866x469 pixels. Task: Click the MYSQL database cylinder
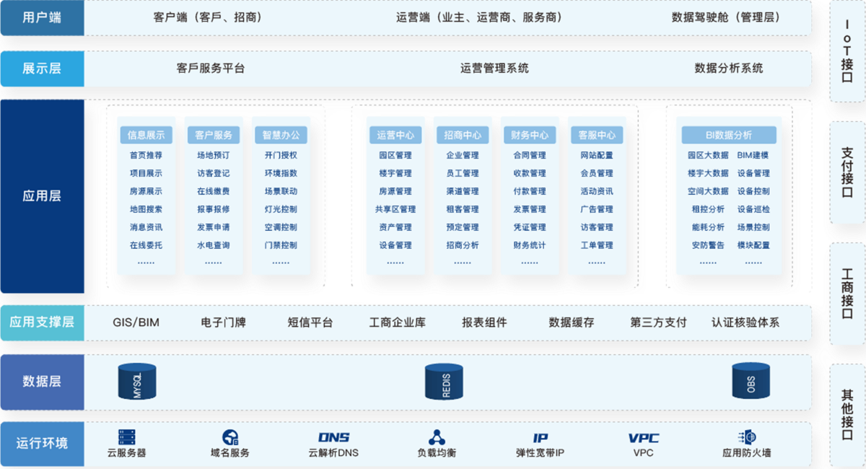click(x=137, y=382)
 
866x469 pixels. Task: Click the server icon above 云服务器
click(x=127, y=437)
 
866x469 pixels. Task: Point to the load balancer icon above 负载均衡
click(x=437, y=437)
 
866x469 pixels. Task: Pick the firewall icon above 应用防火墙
click(x=747, y=437)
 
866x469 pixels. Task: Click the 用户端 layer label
click(x=42, y=17)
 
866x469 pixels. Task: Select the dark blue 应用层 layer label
click(x=42, y=196)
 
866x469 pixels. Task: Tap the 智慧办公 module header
click(x=281, y=135)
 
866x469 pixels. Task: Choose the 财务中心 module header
click(x=530, y=135)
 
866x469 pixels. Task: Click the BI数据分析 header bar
click(x=729, y=135)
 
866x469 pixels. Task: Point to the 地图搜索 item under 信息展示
click(x=146, y=209)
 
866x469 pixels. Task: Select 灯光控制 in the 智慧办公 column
click(x=281, y=209)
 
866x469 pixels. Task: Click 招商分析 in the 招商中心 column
click(x=463, y=245)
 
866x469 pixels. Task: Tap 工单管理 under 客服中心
click(x=597, y=245)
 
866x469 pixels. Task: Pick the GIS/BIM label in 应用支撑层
click(x=136, y=323)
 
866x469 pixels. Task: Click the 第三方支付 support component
click(x=658, y=323)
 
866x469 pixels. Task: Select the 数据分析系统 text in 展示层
click(x=729, y=69)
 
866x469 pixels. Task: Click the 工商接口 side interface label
click(x=847, y=294)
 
